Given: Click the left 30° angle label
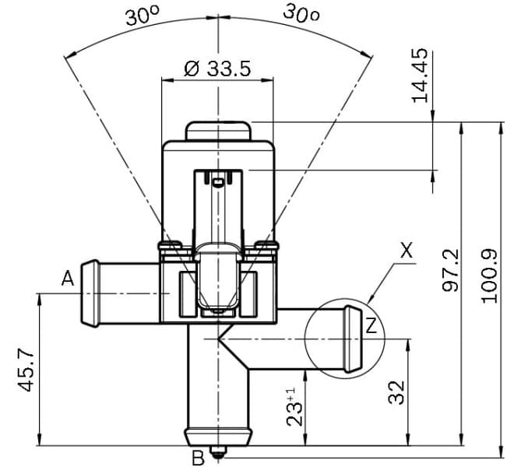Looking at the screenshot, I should click(x=143, y=16).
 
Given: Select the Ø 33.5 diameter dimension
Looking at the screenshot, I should click(x=217, y=68).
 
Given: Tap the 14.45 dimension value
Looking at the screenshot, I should click(x=421, y=75).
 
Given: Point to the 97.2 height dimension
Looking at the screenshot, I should click(x=451, y=272).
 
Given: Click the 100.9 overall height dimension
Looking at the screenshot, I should click(x=489, y=276).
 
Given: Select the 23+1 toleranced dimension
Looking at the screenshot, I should click(x=294, y=406).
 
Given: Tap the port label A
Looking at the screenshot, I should click(x=68, y=278).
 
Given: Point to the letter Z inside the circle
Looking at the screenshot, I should click(x=371, y=326).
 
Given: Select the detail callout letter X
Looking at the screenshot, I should click(x=406, y=251).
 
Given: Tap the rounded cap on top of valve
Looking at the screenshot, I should click(x=218, y=130).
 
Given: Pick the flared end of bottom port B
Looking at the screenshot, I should click(x=218, y=434).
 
